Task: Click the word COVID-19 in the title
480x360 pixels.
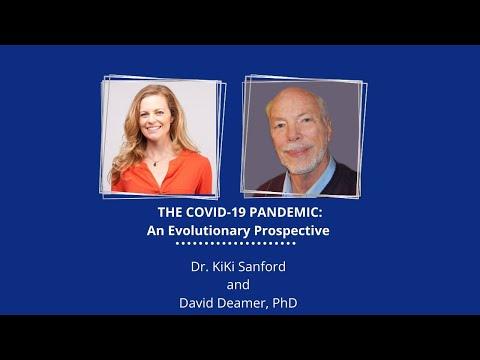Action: (216, 212)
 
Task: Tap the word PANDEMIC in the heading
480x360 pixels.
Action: (286, 212)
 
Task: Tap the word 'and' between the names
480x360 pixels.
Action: (238, 285)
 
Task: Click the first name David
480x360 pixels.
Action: (195, 303)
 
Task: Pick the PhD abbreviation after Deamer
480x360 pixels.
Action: (285, 303)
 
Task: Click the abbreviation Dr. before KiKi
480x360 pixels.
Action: (200, 267)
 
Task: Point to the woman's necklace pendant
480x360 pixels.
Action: (154, 163)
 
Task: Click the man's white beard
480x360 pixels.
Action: (301, 162)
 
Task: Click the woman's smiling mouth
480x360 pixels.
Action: (154, 128)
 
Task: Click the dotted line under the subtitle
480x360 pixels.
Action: (236, 244)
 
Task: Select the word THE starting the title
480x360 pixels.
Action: (170, 212)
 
